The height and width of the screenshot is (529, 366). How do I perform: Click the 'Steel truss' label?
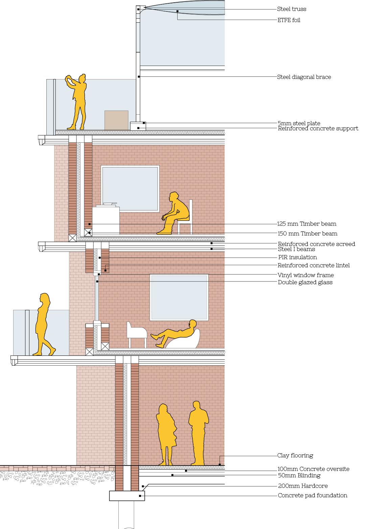[x=292, y=9]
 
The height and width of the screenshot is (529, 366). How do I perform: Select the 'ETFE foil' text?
[x=289, y=20]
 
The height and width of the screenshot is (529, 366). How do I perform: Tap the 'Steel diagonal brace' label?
[x=304, y=77]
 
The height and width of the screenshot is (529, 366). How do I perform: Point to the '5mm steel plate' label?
[x=299, y=123]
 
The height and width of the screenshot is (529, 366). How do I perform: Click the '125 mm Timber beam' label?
[x=306, y=224]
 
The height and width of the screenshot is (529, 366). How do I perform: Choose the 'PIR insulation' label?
[x=297, y=257]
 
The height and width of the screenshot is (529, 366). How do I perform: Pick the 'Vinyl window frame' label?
[x=305, y=275]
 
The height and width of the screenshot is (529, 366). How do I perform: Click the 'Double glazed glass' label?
[x=305, y=282]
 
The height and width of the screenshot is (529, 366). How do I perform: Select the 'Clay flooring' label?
[x=295, y=456]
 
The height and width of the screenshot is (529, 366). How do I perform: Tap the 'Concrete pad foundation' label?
[x=312, y=496]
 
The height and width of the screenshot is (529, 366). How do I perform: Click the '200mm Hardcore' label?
[x=302, y=486]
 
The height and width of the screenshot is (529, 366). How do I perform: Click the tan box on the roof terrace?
[x=116, y=120]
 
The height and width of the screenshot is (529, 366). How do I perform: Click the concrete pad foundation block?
[x=127, y=496]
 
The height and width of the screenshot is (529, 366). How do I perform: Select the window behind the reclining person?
[x=179, y=297]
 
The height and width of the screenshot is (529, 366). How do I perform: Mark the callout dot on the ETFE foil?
[x=177, y=11]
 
